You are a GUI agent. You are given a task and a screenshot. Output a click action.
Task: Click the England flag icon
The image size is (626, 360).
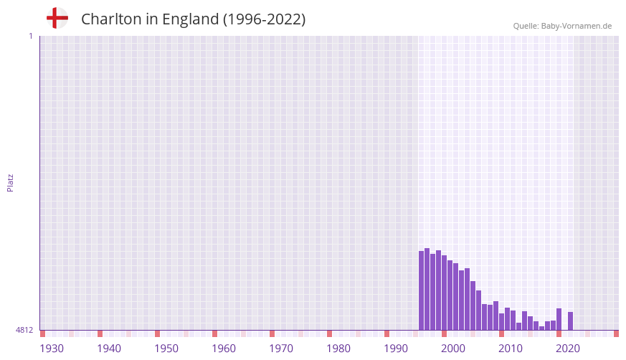57,18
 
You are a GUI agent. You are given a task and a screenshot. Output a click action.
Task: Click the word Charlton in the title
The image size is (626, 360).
110,19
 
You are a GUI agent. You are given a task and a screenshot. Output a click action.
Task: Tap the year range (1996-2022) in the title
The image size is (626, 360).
264,19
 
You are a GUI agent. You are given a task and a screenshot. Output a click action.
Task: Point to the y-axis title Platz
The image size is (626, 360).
10,182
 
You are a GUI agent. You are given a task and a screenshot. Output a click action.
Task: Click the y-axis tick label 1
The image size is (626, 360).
30,36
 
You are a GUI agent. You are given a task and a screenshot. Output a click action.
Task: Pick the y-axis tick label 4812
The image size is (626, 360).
25,330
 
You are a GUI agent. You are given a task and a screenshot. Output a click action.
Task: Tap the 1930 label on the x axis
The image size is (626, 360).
52,349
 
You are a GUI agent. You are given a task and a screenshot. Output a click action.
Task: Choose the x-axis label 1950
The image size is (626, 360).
166,349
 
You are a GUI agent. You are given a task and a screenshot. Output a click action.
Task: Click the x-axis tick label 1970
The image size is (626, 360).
281,349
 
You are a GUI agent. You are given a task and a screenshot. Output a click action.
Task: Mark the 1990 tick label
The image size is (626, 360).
396,349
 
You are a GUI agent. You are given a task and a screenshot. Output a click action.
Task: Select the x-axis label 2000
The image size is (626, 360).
453,349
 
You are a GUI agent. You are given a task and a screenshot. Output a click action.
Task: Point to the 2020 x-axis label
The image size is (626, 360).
568,349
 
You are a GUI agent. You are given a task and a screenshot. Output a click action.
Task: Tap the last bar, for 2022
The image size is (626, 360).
571,321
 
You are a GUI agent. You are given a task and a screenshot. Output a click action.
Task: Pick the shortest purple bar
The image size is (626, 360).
542,328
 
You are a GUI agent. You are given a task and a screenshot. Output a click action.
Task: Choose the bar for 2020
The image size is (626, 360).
559,319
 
